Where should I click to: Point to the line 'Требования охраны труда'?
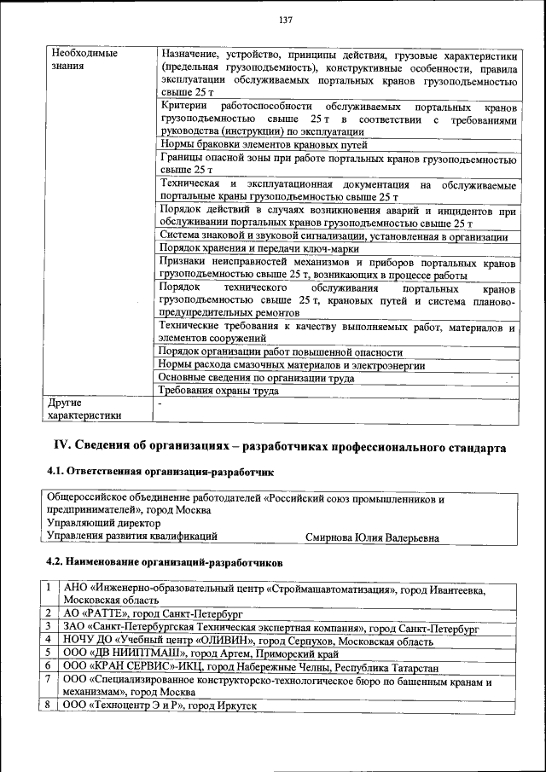pyautogui.click(x=219, y=392)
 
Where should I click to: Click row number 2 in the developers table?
pyautogui.click(x=49, y=613)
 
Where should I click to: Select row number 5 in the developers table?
pyautogui.click(x=49, y=653)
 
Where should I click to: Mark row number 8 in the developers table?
pyautogui.click(x=49, y=707)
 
